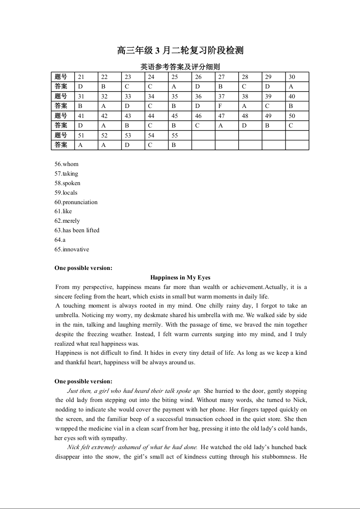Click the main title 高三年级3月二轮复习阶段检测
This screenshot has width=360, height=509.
tap(180, 50)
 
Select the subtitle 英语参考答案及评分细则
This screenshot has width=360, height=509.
tap(180, 67)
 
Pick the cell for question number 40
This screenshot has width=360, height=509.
tap(292, 96)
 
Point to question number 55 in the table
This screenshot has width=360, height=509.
tap(175, 135)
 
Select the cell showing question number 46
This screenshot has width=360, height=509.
tap(198, 116)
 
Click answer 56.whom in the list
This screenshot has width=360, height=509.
tap(66, 164)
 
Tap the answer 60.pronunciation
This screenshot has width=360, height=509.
tap(76, 202)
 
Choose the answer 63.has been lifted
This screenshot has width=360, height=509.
tap(77, 230)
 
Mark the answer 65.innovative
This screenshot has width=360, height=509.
tap(72, 250)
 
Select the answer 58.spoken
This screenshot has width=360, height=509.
tap(67, 183)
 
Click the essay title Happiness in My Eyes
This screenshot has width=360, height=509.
tap(180, 278)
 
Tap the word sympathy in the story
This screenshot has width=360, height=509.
tap(113, 438)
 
